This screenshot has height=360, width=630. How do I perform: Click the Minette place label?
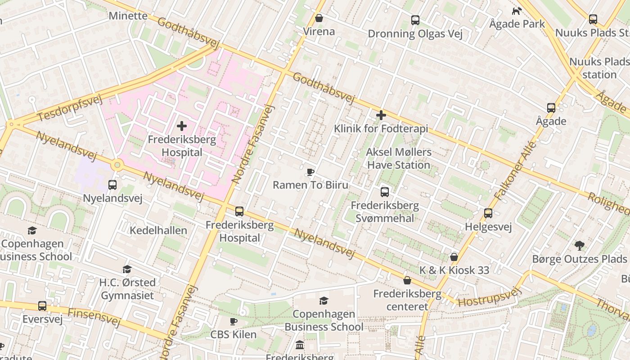click(x=128, y=16)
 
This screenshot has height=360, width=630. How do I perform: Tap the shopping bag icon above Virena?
click(x=319, y=18)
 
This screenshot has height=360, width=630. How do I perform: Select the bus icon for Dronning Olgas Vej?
click(x=415, y=20)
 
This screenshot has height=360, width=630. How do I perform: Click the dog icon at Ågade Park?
click(x=517, y=11)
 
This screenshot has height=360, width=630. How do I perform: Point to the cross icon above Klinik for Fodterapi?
click(x=381, y=115)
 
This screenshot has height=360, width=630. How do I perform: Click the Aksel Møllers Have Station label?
click(x=398, y=158)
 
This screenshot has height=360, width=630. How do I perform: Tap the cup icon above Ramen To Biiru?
click(x=310, y=172)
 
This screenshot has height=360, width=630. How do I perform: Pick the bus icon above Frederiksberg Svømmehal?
click(x=385, y=192)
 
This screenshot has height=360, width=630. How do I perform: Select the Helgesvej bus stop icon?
click(x=488, y=213)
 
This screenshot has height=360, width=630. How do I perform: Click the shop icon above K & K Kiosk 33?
click(x=454, y=257)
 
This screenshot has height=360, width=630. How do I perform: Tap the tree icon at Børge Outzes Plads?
click(x=580, y=246)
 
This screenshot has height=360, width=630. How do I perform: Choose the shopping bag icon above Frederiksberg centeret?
click(x=407, y=280)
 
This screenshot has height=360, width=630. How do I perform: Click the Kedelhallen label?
click(x=158, y=230)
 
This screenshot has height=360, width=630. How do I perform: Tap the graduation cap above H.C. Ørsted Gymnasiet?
click(x=127, y=269)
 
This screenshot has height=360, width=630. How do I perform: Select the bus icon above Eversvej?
click(x=42, y=306)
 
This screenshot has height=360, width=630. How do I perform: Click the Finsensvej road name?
click(x=94, y=317)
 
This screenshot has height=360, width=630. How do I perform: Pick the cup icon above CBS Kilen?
click(x=233, y=321)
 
